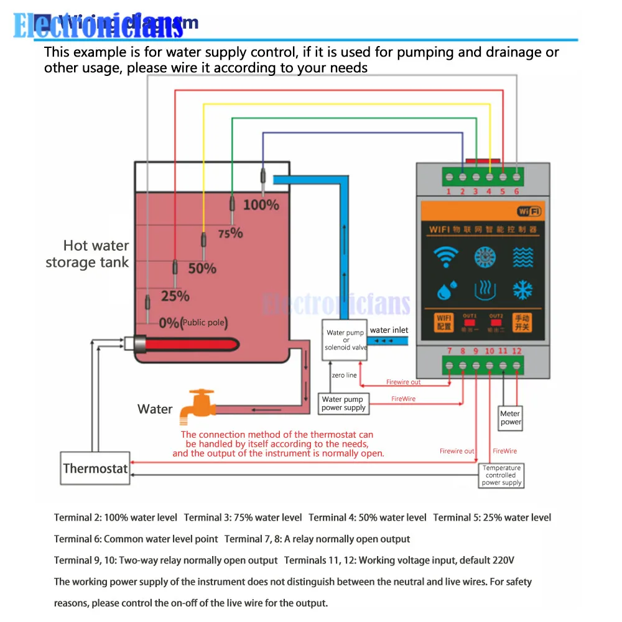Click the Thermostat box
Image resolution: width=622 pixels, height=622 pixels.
click(x=95, y=468)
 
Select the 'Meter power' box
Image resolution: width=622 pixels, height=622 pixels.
click(x=511, y=417)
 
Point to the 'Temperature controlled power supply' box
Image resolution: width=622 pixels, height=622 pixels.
click(x=501, y=475)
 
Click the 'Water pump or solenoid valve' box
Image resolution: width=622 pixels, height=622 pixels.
click(x=346, y=340)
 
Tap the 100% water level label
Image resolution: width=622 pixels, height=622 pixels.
click(x=261, y=204)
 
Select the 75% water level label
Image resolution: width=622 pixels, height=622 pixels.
click(x=230, y=233)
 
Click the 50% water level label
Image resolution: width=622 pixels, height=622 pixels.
click(x=202, y=269)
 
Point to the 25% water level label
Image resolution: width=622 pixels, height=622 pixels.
click(x=175, y=296)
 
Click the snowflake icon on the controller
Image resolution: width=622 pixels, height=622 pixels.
click(x=522, y=290)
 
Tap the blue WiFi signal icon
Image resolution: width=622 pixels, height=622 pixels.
click(x=445, y=257)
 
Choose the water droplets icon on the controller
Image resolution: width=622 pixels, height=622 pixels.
click(x=445, y=290)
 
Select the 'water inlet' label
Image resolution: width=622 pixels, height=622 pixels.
click(x=389, y=330)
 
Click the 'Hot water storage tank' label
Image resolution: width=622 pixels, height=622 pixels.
click(x=88, y=254)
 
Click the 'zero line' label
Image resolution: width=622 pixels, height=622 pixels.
click(x=344, y=375)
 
